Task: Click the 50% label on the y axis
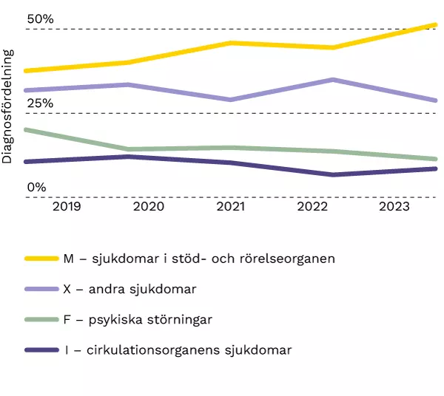click(x=40, y=18)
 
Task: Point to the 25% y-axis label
click(x=40, y=103)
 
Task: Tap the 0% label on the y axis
click(x=36, y=188)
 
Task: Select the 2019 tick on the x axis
click(x=67, y=208)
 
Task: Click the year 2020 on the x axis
click(x=148, y=208)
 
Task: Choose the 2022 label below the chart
click(x=312, y=208)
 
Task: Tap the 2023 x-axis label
click(x=394, y=208)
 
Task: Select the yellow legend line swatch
click(x=41, y=259)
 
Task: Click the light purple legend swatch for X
click(x=41, y=289)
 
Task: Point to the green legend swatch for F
click(x=41, y=319)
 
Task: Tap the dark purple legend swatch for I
click(x=41, y=349)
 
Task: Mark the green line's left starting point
click(x=25, y=130)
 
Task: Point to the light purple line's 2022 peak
click(x=334, y=80)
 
